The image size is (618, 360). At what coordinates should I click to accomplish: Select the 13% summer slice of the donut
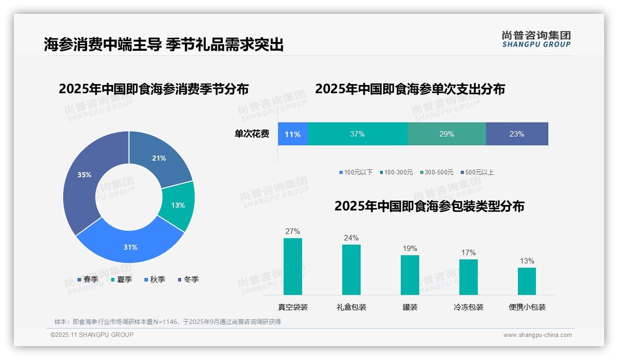coord(178,205)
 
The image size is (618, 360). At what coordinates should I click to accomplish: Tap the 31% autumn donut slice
coord(131,247)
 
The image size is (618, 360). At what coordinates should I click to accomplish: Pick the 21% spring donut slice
coord(159,158)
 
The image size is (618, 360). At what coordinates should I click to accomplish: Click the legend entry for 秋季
coord(154,279)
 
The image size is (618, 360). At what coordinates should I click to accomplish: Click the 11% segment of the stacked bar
coord(292,134)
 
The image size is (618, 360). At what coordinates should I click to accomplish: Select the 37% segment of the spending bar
coord(357,134)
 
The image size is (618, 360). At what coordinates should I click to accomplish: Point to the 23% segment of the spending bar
coord(517,134)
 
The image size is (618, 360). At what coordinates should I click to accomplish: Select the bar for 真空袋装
coord(292,267)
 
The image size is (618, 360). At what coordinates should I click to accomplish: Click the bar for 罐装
coord(410,275)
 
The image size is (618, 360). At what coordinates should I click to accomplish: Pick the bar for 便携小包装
coord(527,281)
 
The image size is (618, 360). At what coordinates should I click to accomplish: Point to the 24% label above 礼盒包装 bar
coord(351,238)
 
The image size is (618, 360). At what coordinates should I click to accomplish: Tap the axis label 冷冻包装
coord(469,307)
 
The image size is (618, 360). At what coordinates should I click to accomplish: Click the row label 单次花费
coord(252,134)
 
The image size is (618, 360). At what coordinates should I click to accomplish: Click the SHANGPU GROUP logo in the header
coord(536,39)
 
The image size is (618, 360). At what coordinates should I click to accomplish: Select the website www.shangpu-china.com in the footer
coord(537,335)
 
